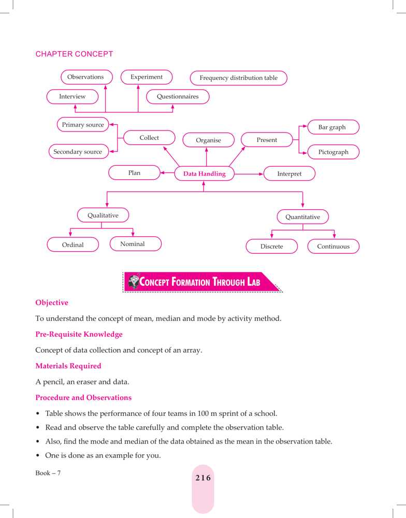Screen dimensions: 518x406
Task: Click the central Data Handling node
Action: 204,174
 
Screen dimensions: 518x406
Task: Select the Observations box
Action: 86,77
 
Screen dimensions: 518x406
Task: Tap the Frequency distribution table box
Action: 238,78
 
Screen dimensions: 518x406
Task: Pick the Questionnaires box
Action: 178,96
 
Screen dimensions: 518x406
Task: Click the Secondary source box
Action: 78,152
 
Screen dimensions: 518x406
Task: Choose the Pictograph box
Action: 333,152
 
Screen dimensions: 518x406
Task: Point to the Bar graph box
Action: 332,127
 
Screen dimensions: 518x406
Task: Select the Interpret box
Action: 289,174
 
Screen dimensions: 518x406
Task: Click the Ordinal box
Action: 72,245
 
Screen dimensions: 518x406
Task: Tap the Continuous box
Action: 333,247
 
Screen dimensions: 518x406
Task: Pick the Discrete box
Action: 271,247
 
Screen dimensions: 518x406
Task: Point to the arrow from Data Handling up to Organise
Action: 206,157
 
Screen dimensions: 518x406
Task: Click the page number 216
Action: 203,478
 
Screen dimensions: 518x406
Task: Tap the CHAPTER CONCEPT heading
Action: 74,54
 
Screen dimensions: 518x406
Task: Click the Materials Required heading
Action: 68,366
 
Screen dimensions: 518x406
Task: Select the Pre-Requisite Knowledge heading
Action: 79,335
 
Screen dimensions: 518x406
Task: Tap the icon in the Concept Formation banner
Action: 134,282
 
